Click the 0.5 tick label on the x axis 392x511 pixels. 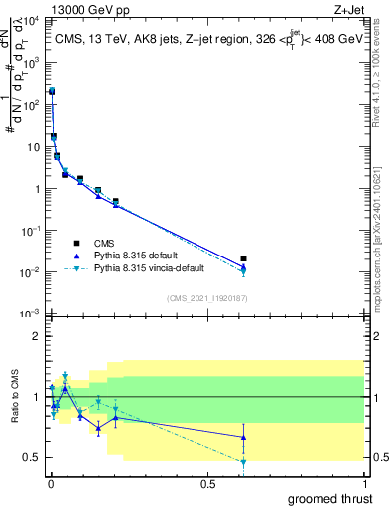coord(207,484)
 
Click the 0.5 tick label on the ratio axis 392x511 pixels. coord(30,458)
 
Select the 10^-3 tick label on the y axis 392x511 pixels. coord(30,314)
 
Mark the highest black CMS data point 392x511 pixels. coord(52,91)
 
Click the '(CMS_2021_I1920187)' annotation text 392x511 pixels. coord(206,297)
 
